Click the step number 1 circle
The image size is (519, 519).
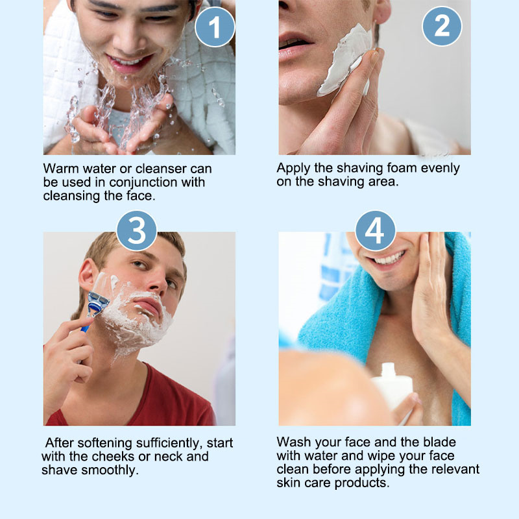click(x=215, y=27)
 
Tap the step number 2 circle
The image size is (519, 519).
click(x=442, y=26)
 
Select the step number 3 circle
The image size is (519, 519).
click(x=136, y=230)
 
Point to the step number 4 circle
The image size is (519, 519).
click(x=375, y=230)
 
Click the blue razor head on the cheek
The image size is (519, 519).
click(x=98, y=303)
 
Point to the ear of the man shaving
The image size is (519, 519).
click(x=87, y=274)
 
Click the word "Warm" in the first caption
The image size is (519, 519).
click(x=61, y=169)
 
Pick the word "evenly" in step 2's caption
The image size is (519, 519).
click(x=441, y=169)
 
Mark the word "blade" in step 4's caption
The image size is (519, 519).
click(x=440, y=442)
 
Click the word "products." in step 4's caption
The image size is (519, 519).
click(x=362, y=483)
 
